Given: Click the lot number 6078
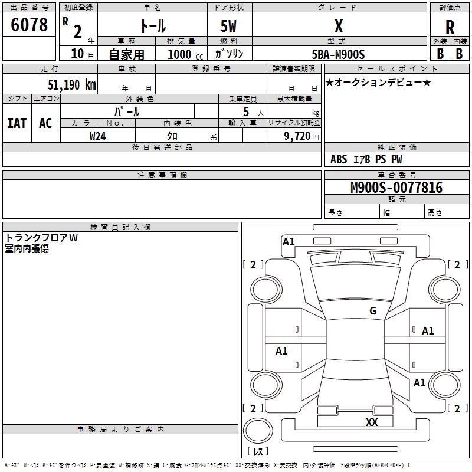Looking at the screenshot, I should click(29, 25).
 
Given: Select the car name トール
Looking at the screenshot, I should click(152, 26).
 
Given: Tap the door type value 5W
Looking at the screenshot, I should click(230, 26).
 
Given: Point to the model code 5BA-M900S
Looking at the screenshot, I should click(339, 54).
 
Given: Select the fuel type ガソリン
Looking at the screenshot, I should click(230, 54).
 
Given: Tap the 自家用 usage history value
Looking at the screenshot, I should click(126, 54).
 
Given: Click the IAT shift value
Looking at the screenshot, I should click(17, 123).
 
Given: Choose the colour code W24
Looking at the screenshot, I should click(98, 136).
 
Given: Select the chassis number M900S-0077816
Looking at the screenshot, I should click(396, 188).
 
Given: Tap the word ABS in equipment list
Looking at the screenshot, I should click(339, 159).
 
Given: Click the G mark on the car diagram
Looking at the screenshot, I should click(373, 311).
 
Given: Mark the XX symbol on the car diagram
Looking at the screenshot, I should click(372, 422).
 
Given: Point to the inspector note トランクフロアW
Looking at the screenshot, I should click(41, 238).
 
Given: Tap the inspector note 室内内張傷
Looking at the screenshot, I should click(27, 248).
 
